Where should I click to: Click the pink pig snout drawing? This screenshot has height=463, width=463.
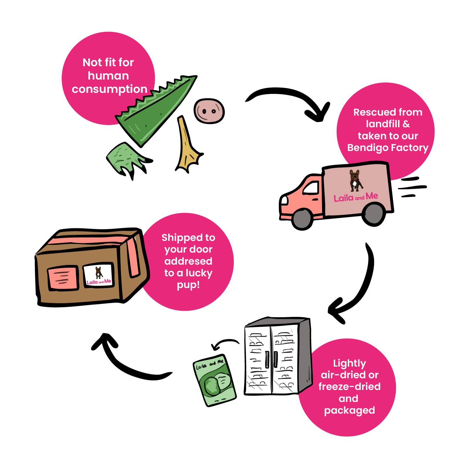[x=209, y=111]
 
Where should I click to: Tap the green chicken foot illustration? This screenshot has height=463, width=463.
[x=125, y=158]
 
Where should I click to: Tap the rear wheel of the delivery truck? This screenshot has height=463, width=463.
[x=373, y=214]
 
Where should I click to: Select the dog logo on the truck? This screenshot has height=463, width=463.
[x=356, y=180]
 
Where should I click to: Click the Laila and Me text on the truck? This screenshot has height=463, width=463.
[x=356, y=197]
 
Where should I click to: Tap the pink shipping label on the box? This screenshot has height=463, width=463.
[x=63, y=278]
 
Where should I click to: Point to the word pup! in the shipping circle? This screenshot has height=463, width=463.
[x=188, y=285]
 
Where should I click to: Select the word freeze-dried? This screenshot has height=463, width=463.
[x=349, y=386]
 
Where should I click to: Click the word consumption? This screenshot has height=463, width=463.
[x=109, y=89]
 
